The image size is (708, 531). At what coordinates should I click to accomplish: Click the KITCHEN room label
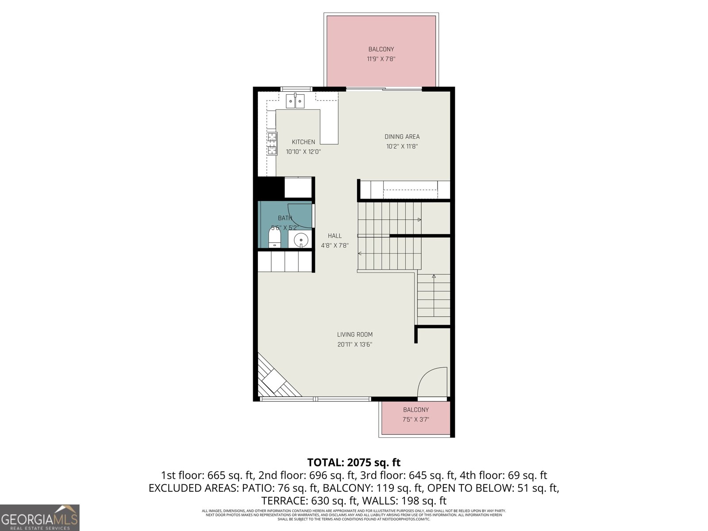click(x=303, y=142)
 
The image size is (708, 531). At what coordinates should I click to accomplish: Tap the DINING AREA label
click(x=402, y=137)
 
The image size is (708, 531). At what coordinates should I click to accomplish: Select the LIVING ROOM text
click(x=355, y=335)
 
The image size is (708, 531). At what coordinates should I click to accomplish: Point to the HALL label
click(x=335, y=236)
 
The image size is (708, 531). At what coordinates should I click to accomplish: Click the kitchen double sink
click(x=295, y=102)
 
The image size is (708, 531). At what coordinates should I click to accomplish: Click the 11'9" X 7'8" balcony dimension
click(x=381, y=59)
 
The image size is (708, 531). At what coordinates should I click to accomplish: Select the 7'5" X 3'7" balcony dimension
click(x=416, y=419)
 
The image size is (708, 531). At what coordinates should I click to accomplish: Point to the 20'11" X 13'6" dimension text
click(x=355, y=345)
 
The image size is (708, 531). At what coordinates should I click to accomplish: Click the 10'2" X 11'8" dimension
click(x=402, y=146)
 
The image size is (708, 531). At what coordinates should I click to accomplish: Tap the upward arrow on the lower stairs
click(x=434, y=277)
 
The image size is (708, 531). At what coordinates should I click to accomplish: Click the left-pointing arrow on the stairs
click(x=360, y=254)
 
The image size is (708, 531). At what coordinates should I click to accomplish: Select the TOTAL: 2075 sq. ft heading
click(x=354, y=462)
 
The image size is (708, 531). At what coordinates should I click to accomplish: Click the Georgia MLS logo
click(x=39, y=517)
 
